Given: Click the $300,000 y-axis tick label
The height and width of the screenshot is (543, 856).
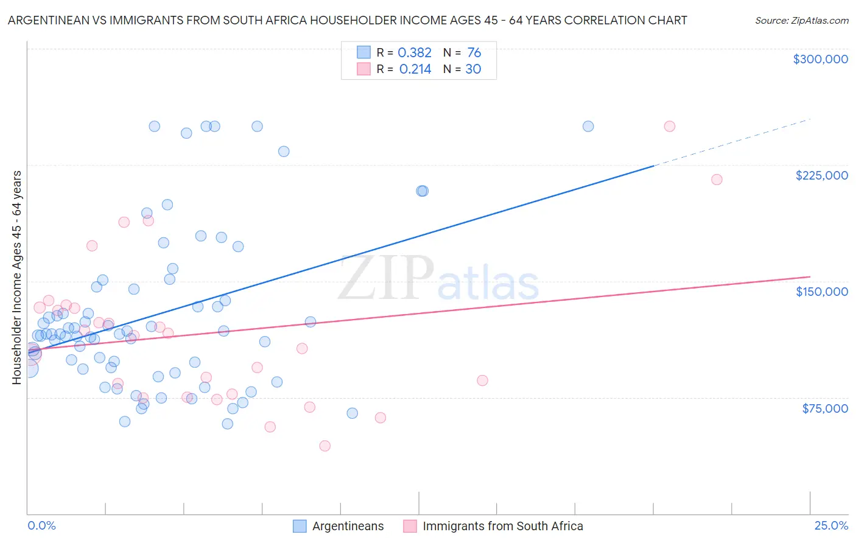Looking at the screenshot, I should click(x=820, y=59).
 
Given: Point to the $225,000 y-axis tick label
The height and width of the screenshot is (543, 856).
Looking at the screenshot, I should click(x=821, y=175).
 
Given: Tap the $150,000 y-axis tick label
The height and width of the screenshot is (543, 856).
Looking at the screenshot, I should click(x=821, y=292).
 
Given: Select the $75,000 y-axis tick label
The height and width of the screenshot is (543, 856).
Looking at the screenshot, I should click(x=824, y=408).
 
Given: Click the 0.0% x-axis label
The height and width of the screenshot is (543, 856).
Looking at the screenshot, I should click(x=41, y=526).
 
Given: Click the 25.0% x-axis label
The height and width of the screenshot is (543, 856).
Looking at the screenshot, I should click(x=831, y=526).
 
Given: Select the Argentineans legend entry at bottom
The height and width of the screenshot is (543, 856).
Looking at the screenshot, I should click(x=348, y=527).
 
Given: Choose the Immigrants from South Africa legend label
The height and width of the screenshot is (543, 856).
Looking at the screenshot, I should click(x=502, y=527).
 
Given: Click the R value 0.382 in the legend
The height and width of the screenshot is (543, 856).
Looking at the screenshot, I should click(x=414, y=53).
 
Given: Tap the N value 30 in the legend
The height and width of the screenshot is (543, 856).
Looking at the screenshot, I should click(x=473, y=69).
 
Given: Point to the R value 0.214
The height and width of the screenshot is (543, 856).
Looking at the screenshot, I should click(x=415, y=69).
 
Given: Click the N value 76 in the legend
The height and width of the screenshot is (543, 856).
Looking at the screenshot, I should click(x=474, y=53).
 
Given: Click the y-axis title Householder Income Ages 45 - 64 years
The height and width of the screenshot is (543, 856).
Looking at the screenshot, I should click(x=16, y=277).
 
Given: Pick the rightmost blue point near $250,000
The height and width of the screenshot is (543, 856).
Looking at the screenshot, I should click(x=588, y=127).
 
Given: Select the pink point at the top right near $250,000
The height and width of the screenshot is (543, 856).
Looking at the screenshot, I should click(x=669, y=127).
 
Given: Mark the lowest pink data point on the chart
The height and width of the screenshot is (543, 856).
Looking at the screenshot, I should click(x=325, y=446).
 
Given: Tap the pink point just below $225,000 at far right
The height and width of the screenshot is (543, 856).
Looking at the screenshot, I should click(x=717, y=180).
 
